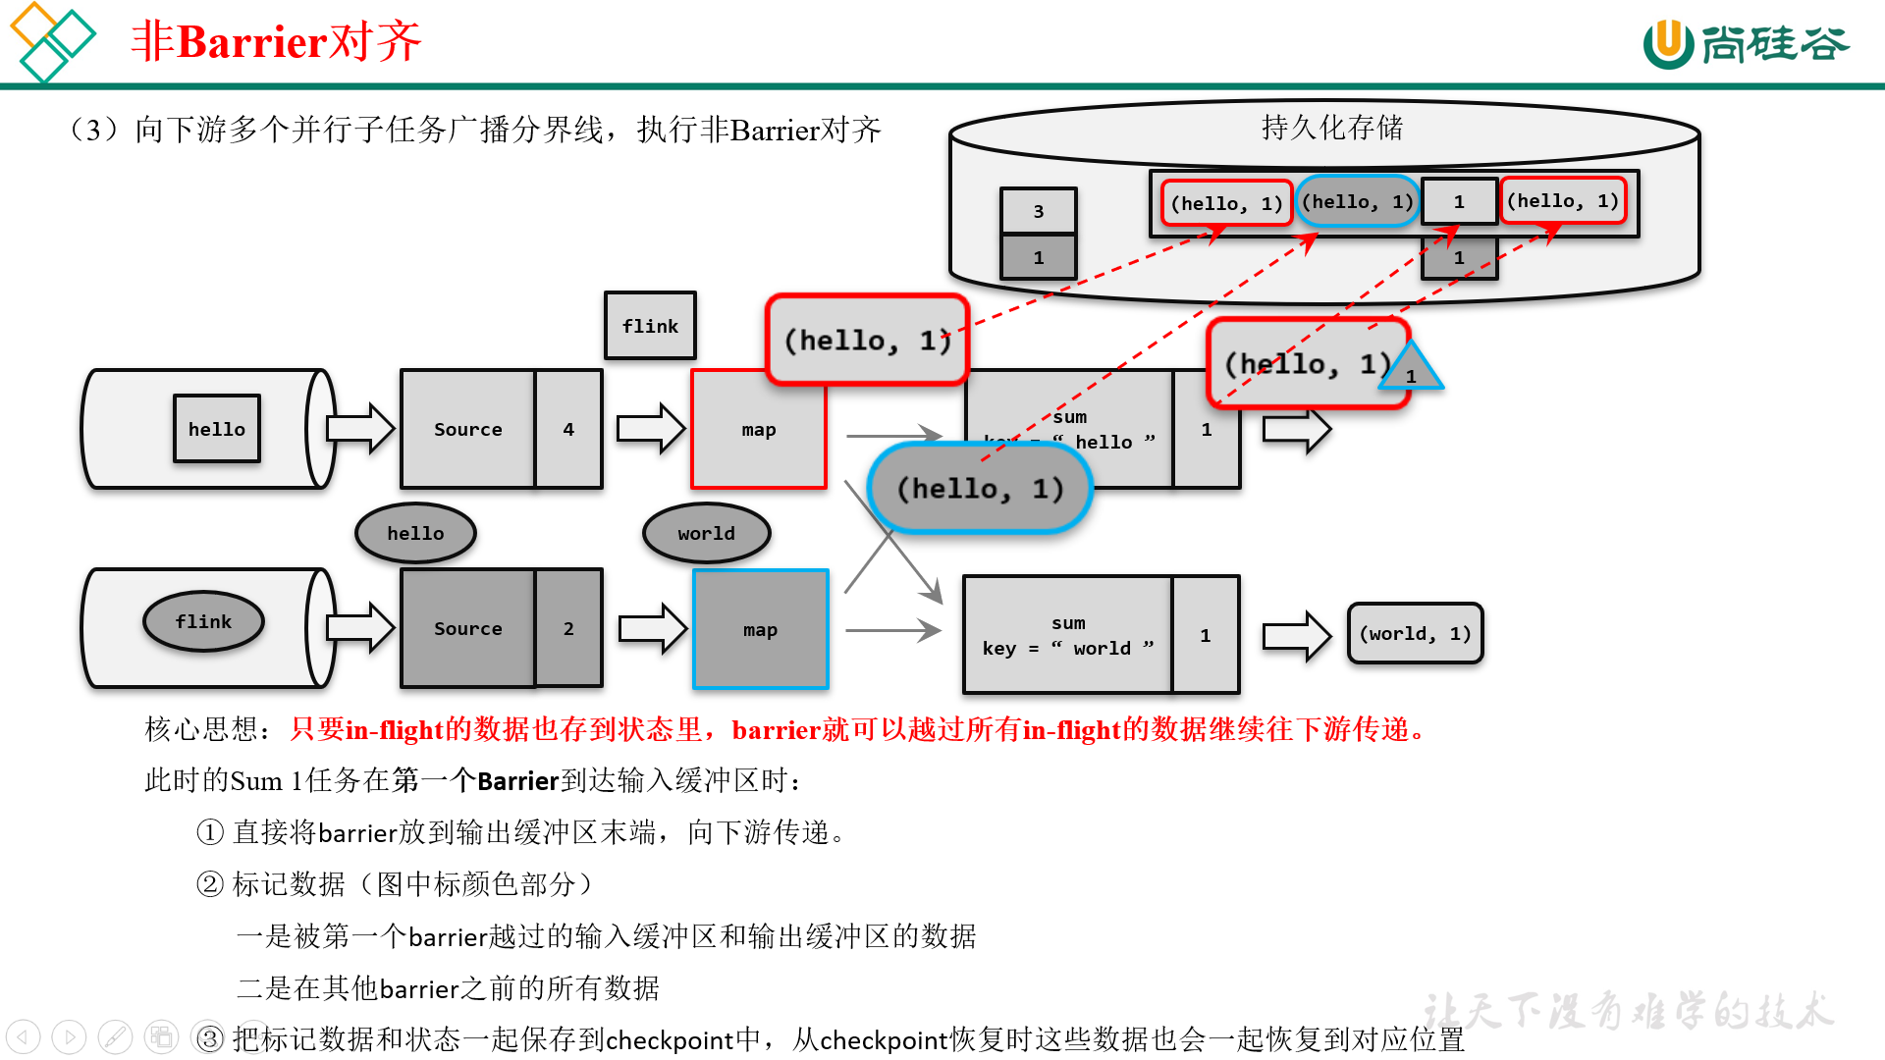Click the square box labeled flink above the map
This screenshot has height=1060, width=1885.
(x=650, y=326)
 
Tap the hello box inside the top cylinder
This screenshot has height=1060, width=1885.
(x=217, y=429)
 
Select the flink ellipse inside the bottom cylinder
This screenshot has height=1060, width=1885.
(x=203, y=621)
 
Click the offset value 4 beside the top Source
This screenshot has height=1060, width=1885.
(x=568, y=429)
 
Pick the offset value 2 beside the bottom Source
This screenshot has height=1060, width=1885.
(x=568, y=628)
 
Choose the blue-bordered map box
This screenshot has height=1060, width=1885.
(x=761, y=630)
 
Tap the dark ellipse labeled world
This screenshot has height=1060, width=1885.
(x=706, y=533)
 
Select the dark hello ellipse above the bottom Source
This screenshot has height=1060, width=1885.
(x=415, y=533)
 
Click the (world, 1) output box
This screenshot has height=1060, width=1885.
(x=1415, y=634)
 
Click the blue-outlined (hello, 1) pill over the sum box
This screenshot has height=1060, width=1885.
(x=980, y=489)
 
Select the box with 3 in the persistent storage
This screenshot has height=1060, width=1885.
(x=1038, y=211)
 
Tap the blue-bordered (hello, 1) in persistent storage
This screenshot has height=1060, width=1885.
(x=1358, y=202)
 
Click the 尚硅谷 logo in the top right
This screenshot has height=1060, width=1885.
(x=1746, y=44)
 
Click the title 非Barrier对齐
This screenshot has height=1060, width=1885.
(x=276, y=42)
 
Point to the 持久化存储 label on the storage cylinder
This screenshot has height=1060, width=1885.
(x=1331, y=128)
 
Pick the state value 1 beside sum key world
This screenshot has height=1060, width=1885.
(x=1206, y=635)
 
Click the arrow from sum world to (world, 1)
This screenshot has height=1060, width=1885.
(x=1295, y=636)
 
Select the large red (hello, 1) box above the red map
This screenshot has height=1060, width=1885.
(x=867, y=340)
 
